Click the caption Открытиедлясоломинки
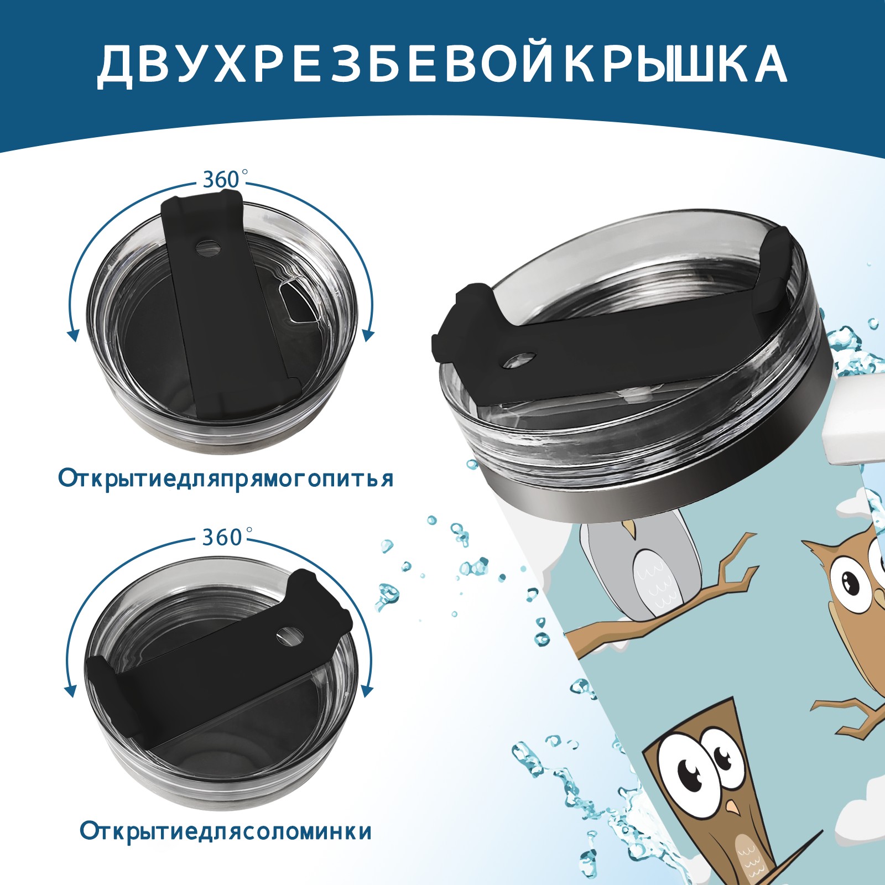[226, 831]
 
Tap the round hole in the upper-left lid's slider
[208, 247]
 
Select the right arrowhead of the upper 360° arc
[369, 335]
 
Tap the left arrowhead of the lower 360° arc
[70, 691]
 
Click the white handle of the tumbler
[855, 420]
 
